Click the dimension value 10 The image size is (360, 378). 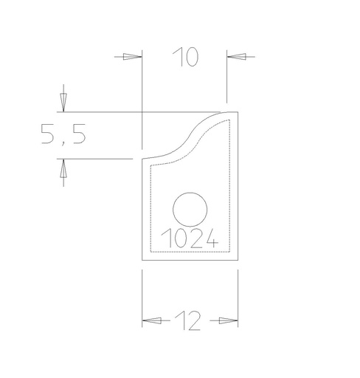pos(186,57)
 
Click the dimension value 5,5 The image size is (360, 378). pos(63,134)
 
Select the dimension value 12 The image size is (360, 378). pos(188,320)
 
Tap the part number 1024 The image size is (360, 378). pos(190,238)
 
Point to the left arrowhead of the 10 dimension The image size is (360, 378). pos(132,57)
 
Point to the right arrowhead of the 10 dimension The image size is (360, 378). pos(237,57)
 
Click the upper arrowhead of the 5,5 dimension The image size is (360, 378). pos(63,103)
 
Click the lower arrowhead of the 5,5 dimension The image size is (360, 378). pos(63,168)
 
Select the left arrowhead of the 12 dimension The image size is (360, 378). pos(152,320)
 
